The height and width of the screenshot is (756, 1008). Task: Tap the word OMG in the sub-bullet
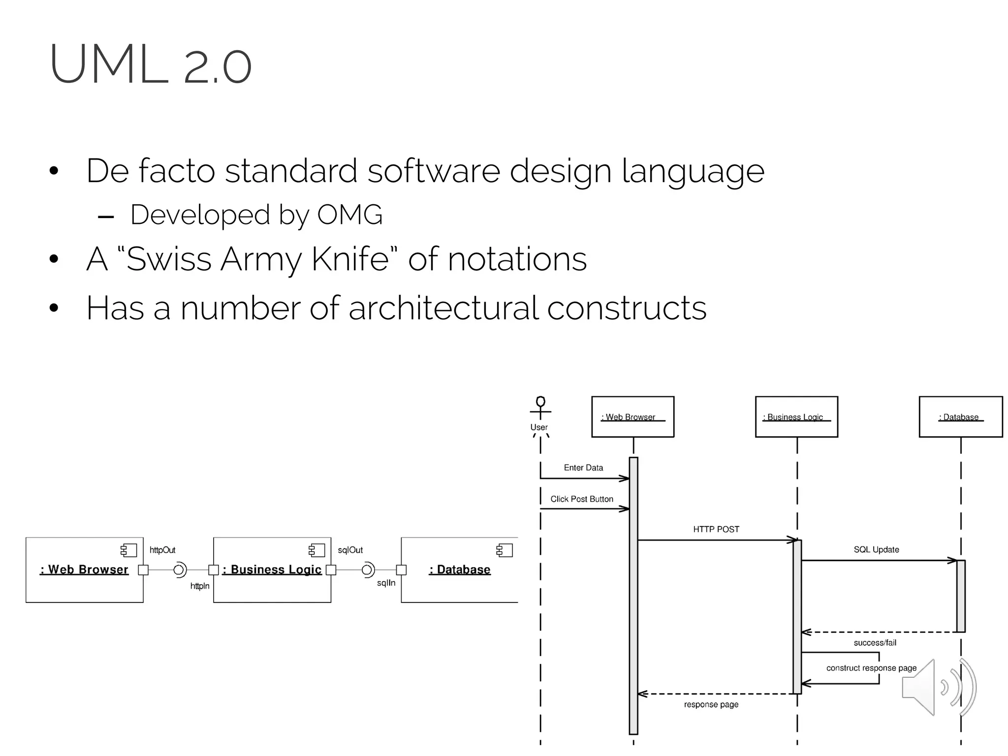(x=349, y=215)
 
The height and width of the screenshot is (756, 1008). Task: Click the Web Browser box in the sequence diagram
(x=632, y=417)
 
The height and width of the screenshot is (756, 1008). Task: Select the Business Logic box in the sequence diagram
(x=796, y=417)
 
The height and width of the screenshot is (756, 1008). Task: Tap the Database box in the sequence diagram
(x=960, y=417)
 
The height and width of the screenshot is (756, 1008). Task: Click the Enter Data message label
(x=583, y=468)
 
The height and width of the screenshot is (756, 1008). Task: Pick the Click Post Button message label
(x=582, y=499)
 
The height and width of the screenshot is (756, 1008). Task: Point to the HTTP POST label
(x=716, y=529)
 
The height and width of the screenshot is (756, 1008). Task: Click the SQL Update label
(x=876, y=549)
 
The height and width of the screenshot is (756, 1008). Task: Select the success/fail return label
(x=875, y=643)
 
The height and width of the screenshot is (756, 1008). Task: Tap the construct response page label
(x=871, y=668)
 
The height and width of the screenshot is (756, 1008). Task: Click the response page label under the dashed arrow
(x=711, y=704)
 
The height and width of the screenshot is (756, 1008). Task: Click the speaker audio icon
(x=938, y=687)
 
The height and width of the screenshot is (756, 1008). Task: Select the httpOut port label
(x=162, y=550)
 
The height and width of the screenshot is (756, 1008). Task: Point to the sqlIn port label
(x=386, y=583)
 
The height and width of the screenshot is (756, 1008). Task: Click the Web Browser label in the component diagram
(x=84, y=569)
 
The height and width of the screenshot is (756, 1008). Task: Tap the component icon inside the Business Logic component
(x=316, y=550)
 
